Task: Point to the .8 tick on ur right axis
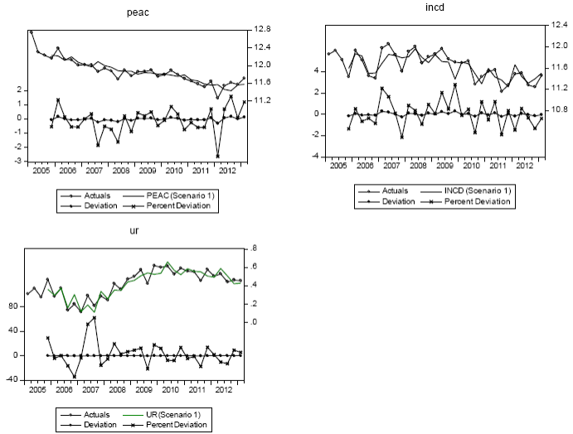click(x=254, y=248)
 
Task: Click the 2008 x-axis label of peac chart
click(x=120, y=170)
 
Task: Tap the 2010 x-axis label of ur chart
click(x=171, y=388)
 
